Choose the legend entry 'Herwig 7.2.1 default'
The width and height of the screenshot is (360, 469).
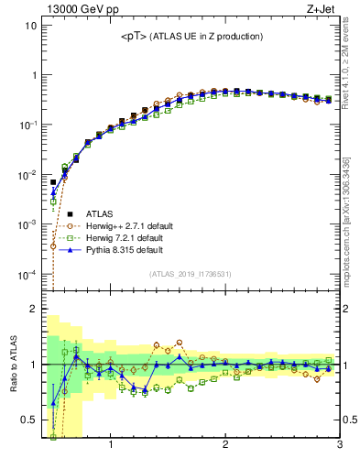click(x=125, y=238)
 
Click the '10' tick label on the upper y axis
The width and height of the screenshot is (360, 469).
click(x=30, y=25)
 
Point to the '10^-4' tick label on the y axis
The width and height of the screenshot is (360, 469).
click(x=28, y=274)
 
